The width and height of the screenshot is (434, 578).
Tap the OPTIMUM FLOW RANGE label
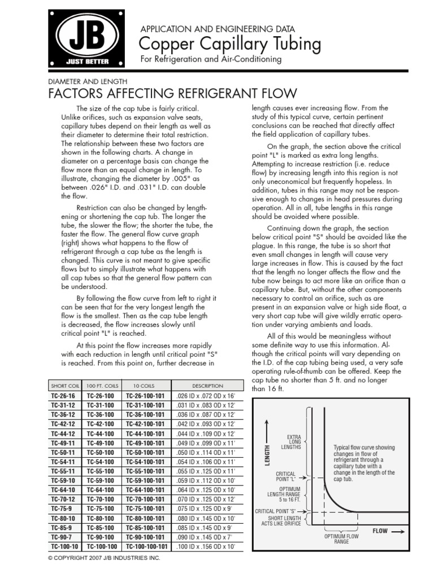click(x=342, y=539)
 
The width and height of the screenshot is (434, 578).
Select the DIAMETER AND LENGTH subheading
click(x=88, y=81)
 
